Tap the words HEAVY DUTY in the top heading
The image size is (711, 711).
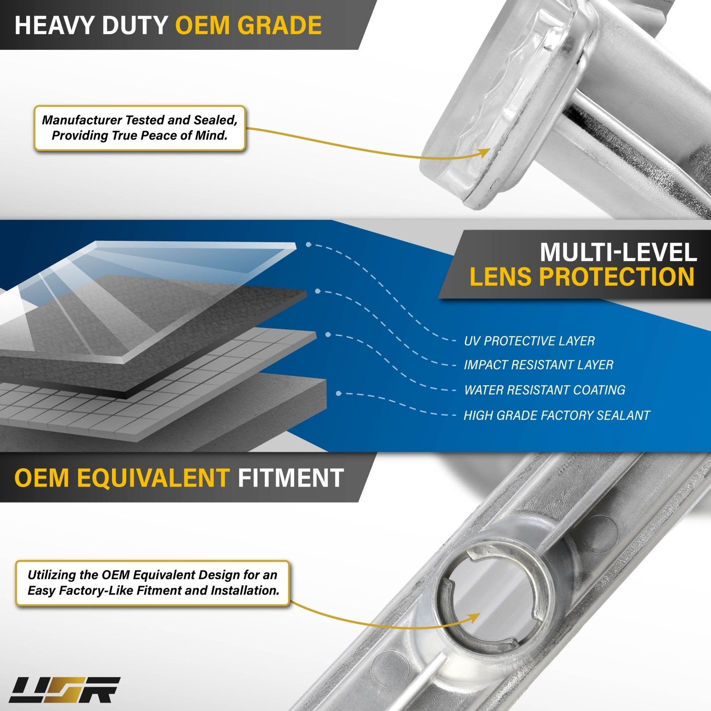(x=91, y=25)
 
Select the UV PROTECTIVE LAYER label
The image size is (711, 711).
(x=529, y=341)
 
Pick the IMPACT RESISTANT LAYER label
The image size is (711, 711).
(x=539, y=365)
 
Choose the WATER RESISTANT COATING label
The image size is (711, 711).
(x=545, y=390)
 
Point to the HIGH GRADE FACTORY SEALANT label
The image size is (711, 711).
(x=557, y=415)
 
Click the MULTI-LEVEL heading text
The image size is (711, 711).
(x=618, y=252)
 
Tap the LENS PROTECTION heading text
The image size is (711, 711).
(x=582, y=277)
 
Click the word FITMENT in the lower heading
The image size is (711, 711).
(x=291, y=478)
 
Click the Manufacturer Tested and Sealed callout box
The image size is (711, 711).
(x=140, y=128)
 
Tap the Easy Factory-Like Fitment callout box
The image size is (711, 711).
(x=153, y=583)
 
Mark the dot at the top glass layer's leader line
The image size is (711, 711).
(x=308, y=244)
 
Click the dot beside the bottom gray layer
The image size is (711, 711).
(x=339, y=394)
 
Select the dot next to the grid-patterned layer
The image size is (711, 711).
(x=328, y=335)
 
